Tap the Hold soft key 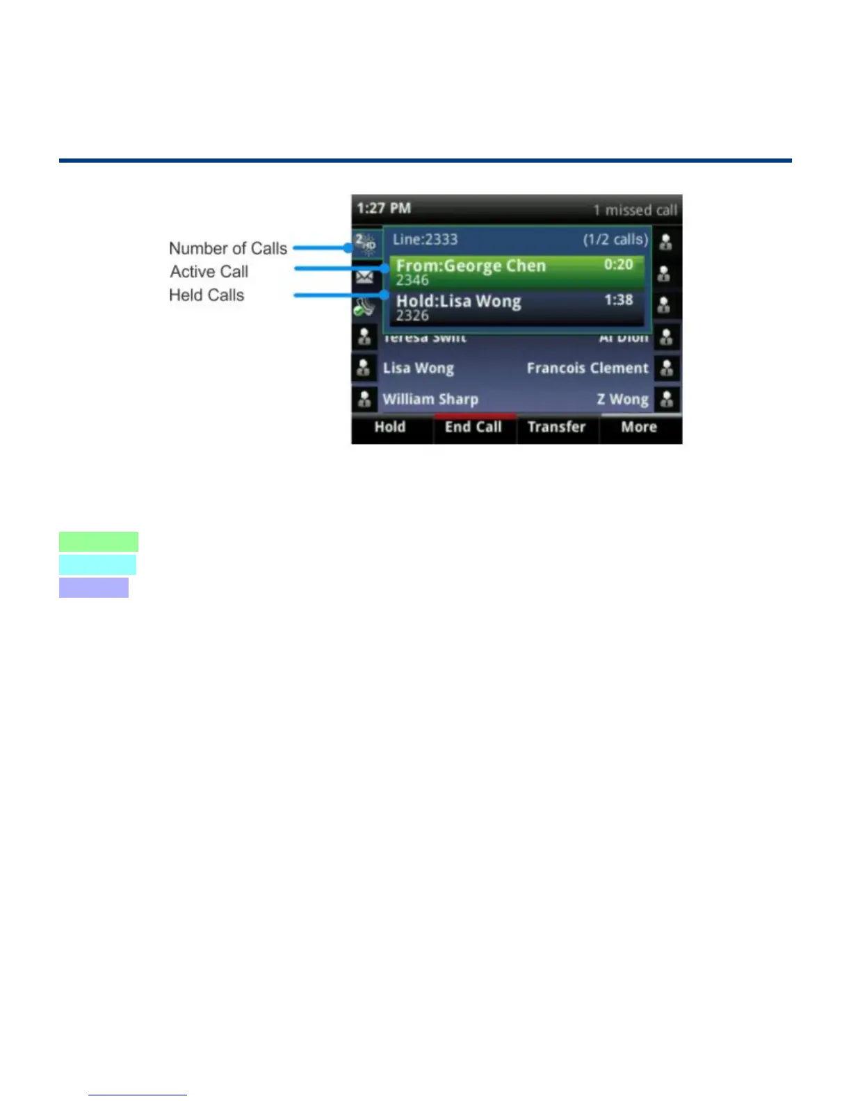point(390,427)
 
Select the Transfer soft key point(556,427)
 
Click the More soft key point(639,427)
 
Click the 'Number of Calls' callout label point(228,248)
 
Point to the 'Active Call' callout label point(209,272)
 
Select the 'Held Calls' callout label point(206,295)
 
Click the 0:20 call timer point(618,265)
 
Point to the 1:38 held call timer point(618,300)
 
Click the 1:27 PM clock point(384,209)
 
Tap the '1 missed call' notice point(635,210)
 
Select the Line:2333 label point(425,240)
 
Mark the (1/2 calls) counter point(615,240)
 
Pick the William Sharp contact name point(430,400)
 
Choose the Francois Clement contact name point(587,368)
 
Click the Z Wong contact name point(622,400)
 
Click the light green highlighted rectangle point(99,541)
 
